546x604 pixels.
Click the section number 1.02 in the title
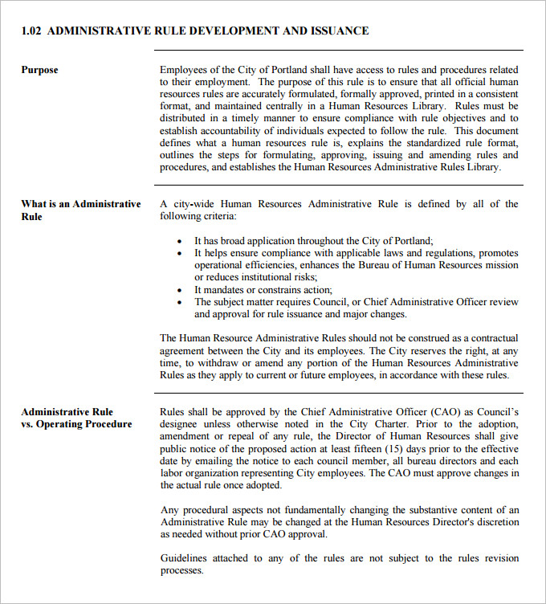pyautogui.click(x=31, y=31)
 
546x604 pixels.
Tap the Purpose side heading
pyautogui.click(x=39, y=70)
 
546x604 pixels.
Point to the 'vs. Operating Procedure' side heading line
pyautogui.click(x=76, y=424)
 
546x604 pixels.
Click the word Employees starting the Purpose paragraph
pyautogui.click(x=185, y=70)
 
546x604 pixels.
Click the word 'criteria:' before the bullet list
pyautogui.click(x=218, y=217)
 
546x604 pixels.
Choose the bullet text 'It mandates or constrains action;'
pyautogui.click(x=263, y=290)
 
